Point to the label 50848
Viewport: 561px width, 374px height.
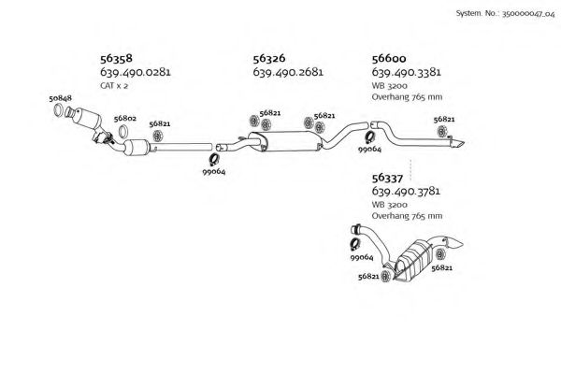point(61,97)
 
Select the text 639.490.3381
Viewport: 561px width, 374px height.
point(407,72)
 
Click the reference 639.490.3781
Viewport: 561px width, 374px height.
point(407,192)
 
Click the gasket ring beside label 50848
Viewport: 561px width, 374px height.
point(64,114)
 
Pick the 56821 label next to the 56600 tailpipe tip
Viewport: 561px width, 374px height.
point(445,120)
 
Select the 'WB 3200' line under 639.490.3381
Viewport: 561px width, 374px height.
point(389,86)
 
